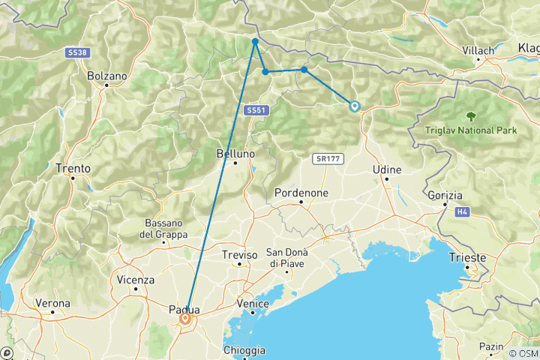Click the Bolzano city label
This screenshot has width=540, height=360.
pos(106,76)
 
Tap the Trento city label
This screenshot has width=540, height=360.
pos(73,169)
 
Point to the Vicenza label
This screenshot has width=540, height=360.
pos(135,280)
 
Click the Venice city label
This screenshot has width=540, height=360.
pos(251,303)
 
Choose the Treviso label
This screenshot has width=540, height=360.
pos(239,255)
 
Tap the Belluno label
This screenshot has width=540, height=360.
pos(235,153)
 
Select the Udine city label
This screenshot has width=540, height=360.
pos(387,170)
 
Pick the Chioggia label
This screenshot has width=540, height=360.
pos(244,350)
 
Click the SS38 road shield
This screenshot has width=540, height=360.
pos(76,52)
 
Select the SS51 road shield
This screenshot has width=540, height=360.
pos(256,110)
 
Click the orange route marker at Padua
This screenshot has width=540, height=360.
pos(184,320)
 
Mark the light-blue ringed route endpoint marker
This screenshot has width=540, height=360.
pos(354,106)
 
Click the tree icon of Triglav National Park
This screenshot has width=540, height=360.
pos(471,116)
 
